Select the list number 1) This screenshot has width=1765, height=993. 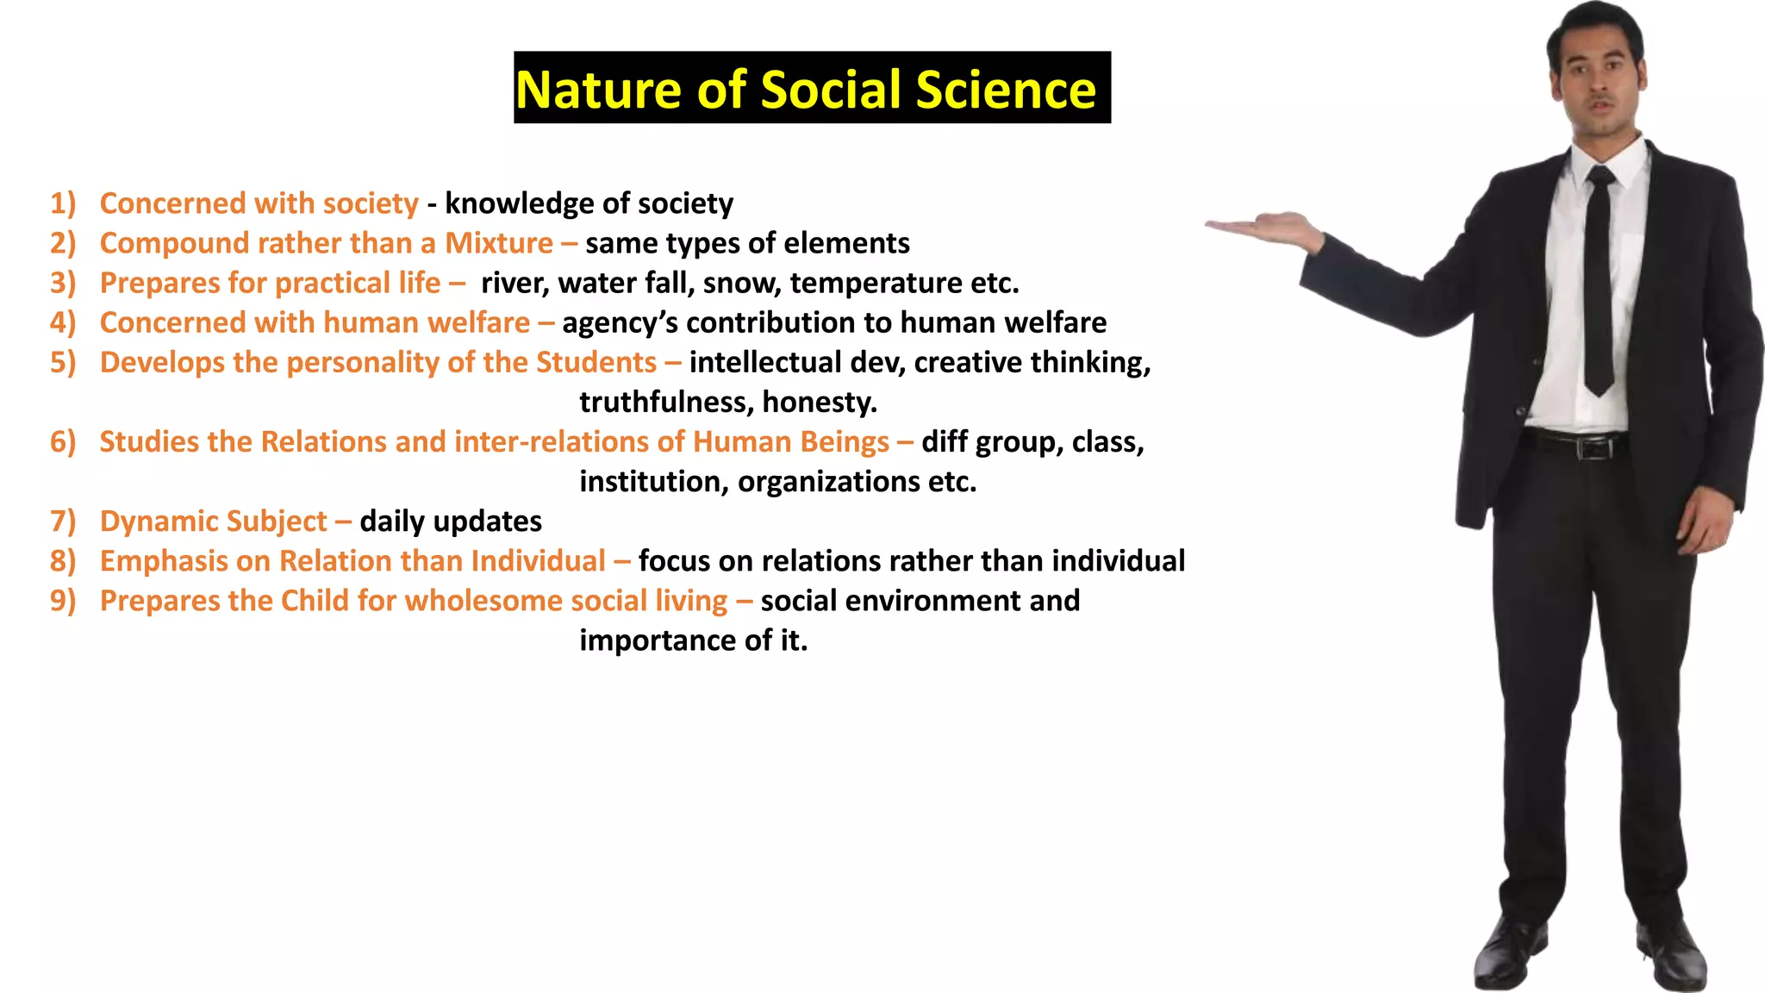[x=63, y=203]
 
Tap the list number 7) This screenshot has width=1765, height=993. [x=63, y=521]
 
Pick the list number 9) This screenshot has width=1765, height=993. [x=63, y=601]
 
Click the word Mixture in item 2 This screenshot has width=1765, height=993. [x=498, y=243]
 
